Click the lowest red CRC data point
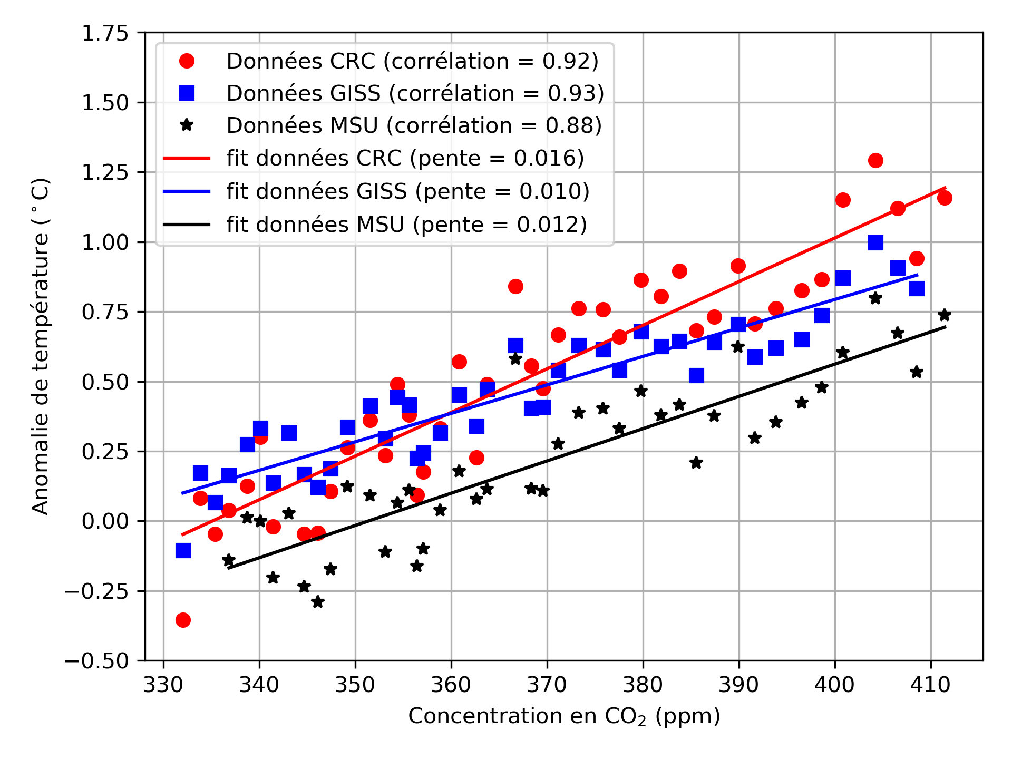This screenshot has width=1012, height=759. tap(183, 620)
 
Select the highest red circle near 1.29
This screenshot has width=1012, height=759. tap(875, 160)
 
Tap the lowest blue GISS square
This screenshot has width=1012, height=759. tap(183, 551)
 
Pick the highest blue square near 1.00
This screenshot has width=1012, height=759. tap(875, 242)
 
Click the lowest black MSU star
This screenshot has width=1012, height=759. tap(318, 602)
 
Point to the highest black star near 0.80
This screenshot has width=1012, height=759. tap(875, 298)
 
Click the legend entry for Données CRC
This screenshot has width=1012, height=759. tap(412, 61)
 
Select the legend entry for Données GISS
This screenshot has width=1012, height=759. tap(415, 93)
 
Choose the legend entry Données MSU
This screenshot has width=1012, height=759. tap(414, 125)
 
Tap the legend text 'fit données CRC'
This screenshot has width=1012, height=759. tap(405, 158)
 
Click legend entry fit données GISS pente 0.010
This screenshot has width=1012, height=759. tap(407, 191)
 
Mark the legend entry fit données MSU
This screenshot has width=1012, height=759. tap(406, 225)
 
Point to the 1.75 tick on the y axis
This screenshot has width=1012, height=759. tap(105, 33)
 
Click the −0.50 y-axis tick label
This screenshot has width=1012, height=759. tap(97, 661)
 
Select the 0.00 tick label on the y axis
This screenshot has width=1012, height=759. tap(105, 521)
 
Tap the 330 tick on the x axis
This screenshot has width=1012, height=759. tap(163, 685)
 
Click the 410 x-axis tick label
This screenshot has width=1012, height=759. tap(931, 685)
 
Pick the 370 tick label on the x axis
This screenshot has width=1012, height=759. tap(547, 685)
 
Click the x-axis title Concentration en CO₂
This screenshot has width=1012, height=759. tap(564, 716)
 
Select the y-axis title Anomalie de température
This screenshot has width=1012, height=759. tap(41, 346)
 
